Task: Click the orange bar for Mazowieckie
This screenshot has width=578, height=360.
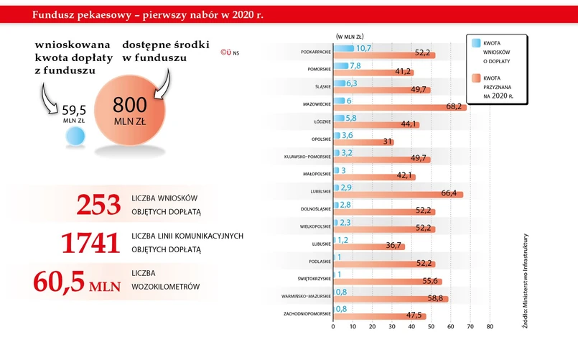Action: (x=399, y=107)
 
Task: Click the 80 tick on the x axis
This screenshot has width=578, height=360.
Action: (x=490, y=327)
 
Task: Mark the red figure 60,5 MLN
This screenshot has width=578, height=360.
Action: (x=73, y=281)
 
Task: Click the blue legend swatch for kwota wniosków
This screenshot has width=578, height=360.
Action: (x=476, y=43)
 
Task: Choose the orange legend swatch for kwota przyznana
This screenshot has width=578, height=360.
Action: (x=476, y=78)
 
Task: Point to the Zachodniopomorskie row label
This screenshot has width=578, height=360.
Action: (x=307, y=314)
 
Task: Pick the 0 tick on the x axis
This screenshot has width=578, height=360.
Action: (x=333, y=327)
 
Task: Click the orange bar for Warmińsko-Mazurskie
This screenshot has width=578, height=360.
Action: (x=391, y=298)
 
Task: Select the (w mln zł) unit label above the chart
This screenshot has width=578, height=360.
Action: (x=351, y=35)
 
